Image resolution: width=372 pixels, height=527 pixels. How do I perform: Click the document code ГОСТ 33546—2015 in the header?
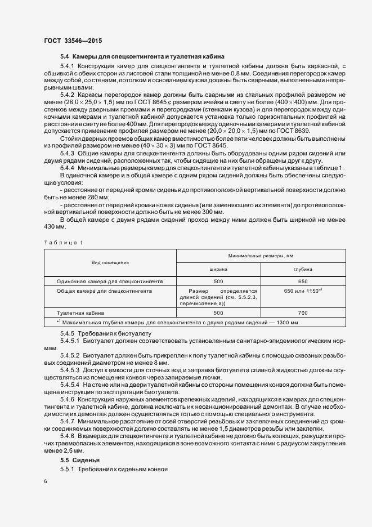tap(73, 41)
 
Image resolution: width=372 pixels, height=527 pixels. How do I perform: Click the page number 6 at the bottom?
tap(45, 481)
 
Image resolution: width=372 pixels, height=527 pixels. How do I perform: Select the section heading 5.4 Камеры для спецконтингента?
tap(142, 57)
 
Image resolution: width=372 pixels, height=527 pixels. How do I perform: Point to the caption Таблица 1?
tap(63, 243)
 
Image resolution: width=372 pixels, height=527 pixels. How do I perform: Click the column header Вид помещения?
tap(111, 262)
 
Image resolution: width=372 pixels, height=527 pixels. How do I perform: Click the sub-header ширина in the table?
tap(218, 270)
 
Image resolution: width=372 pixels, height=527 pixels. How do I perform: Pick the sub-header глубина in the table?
tap(302, 270)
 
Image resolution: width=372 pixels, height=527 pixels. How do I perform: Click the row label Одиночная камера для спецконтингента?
tap(110, 280)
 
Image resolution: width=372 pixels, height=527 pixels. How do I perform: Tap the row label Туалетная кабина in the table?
tap(80, 312)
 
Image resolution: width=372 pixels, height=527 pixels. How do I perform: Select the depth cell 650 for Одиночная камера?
tap(303, 280)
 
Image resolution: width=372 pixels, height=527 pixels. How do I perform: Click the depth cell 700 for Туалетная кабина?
tap(303, 312)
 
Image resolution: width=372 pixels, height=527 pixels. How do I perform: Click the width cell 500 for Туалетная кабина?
tap(218, 312)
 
